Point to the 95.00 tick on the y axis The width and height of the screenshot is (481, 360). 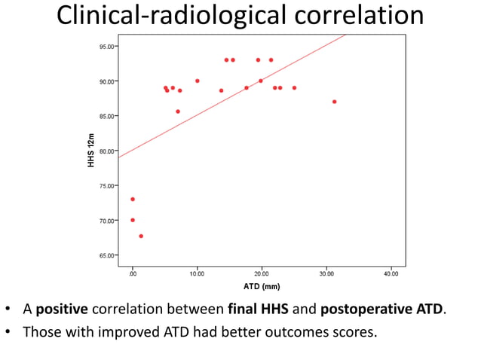point(106,46)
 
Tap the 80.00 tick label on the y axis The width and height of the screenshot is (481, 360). point(106,151)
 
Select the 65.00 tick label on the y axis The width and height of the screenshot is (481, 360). point(106,255)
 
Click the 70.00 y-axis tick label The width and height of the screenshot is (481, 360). point(106,221)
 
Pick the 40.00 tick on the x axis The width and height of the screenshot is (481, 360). point(391,273)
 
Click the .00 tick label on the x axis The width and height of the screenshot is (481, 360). point(132,273)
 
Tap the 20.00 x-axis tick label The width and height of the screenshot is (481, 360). point(262,273)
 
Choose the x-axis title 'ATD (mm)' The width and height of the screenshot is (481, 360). point(262,286)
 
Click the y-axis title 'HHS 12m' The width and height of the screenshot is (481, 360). point(91,151)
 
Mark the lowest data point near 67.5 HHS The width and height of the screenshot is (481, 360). point(141,236)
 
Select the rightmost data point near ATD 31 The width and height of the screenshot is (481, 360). point(334,102)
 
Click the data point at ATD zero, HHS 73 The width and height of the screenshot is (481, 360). point(133,200)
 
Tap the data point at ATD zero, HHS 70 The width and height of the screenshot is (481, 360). point(133,220)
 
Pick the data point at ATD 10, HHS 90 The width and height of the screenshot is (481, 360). point(198,81)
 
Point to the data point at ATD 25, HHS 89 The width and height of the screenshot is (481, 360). point(294,87)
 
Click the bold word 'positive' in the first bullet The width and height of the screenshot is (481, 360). point(61,310)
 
